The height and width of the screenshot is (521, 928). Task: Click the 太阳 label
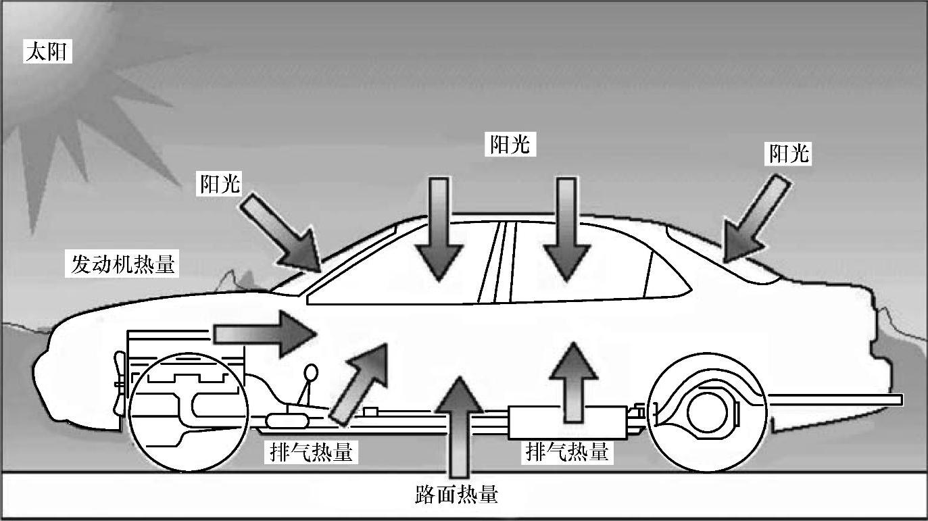(x=47, y=51)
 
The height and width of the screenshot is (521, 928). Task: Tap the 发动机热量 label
(x=123, y=264)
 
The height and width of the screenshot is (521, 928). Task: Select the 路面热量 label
(x=456, y=495)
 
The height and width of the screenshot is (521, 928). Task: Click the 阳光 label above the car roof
(x=510, y=144)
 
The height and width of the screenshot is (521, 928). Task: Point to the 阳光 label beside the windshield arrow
(x=220, y=183)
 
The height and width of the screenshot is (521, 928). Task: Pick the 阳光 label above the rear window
(x=788, y=154)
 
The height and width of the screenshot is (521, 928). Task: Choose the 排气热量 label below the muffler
(x=566, y=451)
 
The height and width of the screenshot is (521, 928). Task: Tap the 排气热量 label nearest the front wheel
(x=308, y=452)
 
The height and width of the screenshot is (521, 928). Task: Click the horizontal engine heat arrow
(x=264, y=332)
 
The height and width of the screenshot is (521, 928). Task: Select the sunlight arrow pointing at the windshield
(x=280, y=230)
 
